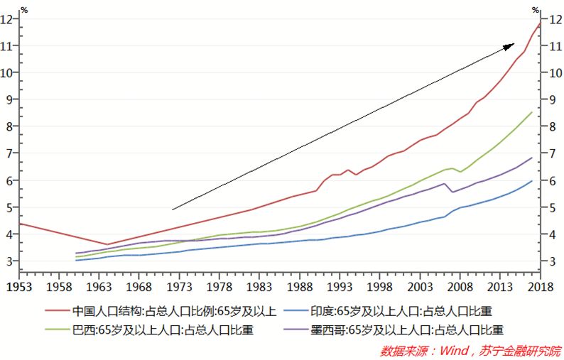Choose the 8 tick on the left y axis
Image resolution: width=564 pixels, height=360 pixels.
(x=9, y=127)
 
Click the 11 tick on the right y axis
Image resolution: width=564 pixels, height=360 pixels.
(x=553, y=46)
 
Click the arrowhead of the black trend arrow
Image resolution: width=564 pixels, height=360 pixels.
(x=510, y=45)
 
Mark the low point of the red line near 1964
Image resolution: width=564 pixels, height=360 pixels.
(x=107, y=244)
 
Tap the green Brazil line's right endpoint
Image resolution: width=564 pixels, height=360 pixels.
(x=532, y=111)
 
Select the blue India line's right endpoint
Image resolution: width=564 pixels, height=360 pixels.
(x=532, y=180)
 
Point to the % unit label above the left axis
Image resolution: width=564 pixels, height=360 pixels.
(x=24, y=9)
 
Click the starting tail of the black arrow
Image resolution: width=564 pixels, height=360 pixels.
(x=173, y=209)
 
